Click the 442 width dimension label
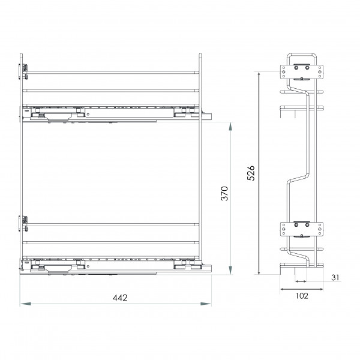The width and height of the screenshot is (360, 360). click(120, 298)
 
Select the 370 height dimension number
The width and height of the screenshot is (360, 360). click(224, 194)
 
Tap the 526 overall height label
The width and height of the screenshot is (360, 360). click(251, 173)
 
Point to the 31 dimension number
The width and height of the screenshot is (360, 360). click(335, 278)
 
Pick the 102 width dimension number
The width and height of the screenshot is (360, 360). click(302, 296)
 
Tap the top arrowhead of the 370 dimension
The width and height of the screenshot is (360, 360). click(230, 127)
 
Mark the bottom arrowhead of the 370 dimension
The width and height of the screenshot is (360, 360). click(230, 270)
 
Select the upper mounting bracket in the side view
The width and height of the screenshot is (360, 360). click(301, 72)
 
